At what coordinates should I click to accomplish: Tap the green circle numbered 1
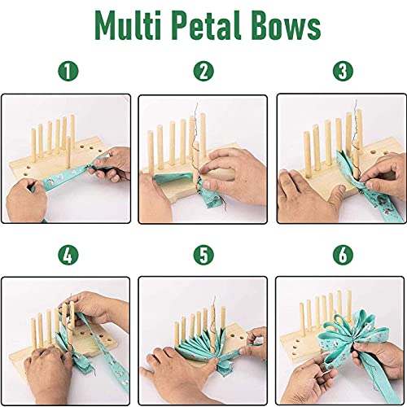[x=68, y=72]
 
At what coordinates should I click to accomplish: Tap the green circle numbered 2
[x=203, y=72]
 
